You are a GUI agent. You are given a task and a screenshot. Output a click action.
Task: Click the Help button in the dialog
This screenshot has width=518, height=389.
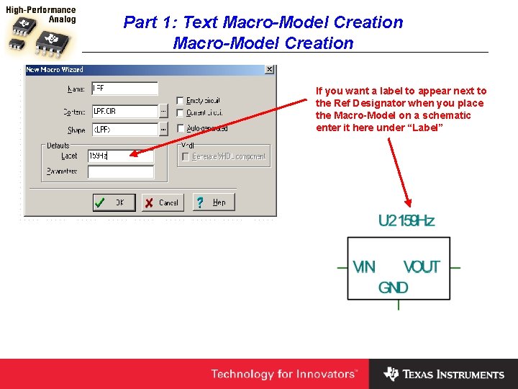click(x=214, y=202)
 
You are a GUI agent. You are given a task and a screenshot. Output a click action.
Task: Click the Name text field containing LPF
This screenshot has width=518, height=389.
click(x=124, y=89)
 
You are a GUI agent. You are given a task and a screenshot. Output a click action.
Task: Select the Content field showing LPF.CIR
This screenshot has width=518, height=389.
click(x=124, y=112)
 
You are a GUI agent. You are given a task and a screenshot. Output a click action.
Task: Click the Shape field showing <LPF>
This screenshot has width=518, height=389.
click(x=124, y=130)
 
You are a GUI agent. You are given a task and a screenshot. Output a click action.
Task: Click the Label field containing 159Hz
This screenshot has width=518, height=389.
click(x=120, y=156)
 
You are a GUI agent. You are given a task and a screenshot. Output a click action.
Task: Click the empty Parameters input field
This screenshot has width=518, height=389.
click(x=120, y=172)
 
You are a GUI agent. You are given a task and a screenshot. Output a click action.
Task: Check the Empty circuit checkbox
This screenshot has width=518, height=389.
click(x=180, y=101)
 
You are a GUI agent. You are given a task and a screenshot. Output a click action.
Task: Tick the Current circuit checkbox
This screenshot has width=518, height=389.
click(x=180, y=113)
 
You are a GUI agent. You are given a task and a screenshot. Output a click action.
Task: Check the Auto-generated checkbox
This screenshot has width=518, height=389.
click(x=180, y=128)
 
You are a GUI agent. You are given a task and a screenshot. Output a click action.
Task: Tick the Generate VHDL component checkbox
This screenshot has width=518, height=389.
click(x=186, y=156)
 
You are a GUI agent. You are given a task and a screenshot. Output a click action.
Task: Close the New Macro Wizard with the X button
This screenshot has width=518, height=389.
click(x=269, y=70)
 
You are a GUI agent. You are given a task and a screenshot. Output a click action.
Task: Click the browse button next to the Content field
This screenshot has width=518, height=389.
click(x=164, y=112)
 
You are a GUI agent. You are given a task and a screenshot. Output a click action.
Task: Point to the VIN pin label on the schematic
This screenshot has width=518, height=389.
click(x=364, y=267)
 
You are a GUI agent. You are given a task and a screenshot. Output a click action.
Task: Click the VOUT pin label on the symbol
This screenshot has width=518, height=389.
click(x=422, y=267)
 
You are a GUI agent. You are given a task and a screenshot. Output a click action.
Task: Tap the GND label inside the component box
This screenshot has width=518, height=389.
click(x=394, y=287)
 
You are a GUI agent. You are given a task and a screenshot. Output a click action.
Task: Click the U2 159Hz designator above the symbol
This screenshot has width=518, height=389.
click(x=406, y=221)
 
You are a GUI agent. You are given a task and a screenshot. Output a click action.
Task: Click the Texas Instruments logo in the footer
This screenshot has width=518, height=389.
click(x=444, y=374)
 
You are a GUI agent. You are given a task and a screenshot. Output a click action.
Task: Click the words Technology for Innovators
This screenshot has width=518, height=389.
click(x=283, y=374)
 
